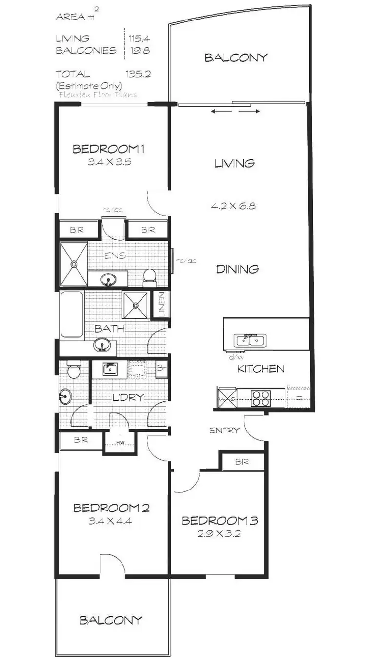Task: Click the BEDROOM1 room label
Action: pyautogui.click(x=110, y=149)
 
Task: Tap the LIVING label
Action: pyautogui.click(x=234, y=163)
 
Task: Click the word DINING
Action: pyautogui.click(x=237, y=269)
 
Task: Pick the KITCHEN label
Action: pyautogui.click(x=260, y=369)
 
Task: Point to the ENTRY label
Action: pyautogui.click(x=224, y=430)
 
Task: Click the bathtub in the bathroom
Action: pyautogui.click(x=71, y=314)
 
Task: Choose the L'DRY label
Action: pyautogui.click(x=128, y=397)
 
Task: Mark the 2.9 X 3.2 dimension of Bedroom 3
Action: pyautogui.click(x=219, y=533)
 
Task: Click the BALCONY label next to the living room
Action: pyautogui.click(x=236, y=58)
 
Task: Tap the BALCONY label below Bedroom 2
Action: pyautogui.click(x=111, y=620)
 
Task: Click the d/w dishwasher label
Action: pyautogui.click(x=232, y=357)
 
